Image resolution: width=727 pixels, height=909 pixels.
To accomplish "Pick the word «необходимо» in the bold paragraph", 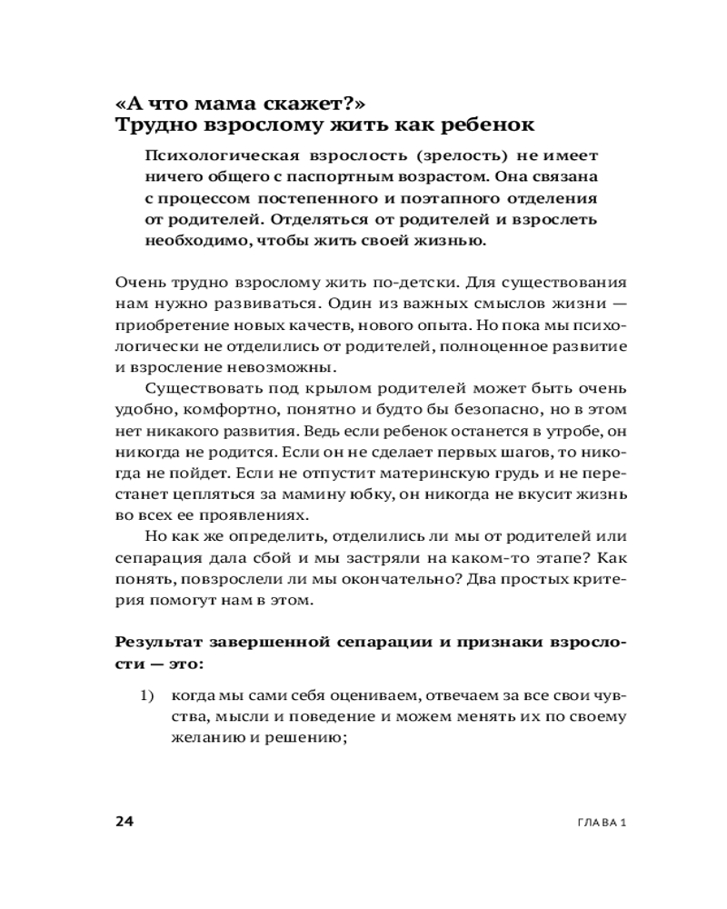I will (193, 243).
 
